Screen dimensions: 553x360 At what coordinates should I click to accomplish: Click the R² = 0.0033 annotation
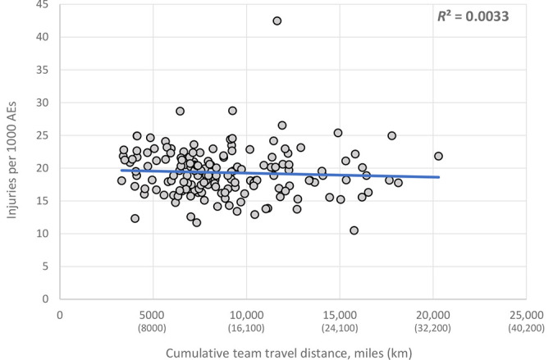coord(473,16)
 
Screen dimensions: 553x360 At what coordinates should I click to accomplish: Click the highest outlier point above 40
coord(277,21)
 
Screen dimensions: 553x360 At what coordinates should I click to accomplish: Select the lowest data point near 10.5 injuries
coord(354,230)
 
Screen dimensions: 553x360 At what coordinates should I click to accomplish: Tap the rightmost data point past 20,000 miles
coord(438,156)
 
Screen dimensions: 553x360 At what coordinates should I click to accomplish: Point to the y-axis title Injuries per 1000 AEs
coord(11,160)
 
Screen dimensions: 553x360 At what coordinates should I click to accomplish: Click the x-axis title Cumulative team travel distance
coord(289,353)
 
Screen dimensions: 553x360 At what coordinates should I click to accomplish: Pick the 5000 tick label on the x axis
coord(152,315)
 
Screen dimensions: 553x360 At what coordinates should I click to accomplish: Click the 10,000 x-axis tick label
coord(246,315)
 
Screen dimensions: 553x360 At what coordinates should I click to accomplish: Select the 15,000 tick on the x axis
coord(340,315)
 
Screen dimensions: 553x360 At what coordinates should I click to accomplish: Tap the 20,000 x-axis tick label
coord(432,315)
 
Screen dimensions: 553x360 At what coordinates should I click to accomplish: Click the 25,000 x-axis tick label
coord(527,315)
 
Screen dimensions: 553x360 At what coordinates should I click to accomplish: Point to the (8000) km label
coord(152,328)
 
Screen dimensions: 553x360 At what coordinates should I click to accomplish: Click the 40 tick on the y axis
coord(43,37)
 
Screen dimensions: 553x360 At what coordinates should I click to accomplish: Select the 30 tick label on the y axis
coord(43,103)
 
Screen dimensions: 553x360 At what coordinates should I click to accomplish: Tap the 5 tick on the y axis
coord(45,267)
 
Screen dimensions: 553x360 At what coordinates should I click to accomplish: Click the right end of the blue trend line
coord(439,177)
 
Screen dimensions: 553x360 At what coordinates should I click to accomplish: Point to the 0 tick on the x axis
coord(60,315)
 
